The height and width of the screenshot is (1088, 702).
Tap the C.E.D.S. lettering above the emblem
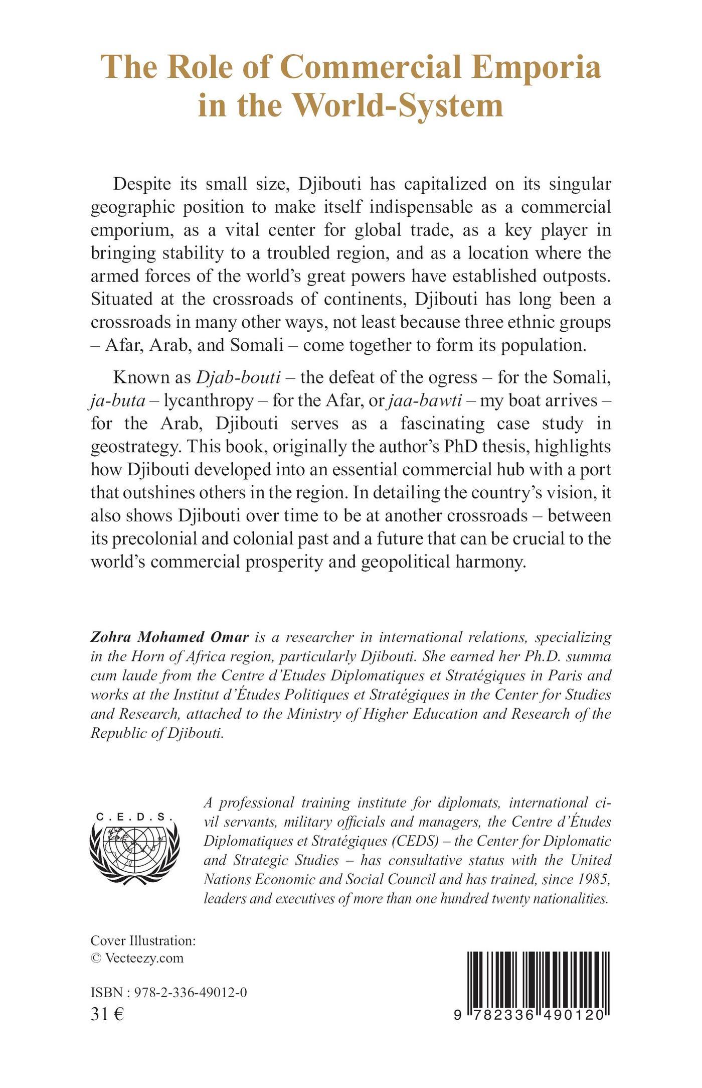click(x=134, y=817)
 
